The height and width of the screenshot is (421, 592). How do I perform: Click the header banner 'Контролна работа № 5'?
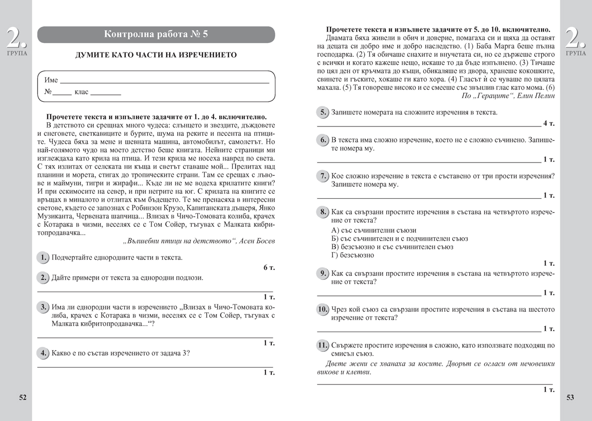tap(156, 34)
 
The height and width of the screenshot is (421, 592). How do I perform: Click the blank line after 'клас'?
tap(106, 93)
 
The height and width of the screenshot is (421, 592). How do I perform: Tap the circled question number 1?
tap(43, 257)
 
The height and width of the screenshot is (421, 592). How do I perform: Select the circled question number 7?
tap(322, 176)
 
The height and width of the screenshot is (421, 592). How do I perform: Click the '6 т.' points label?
tap(268, 267)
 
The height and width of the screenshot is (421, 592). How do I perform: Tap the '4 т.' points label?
tap(549, 123)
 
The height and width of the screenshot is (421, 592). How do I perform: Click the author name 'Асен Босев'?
tap(258, 241)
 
